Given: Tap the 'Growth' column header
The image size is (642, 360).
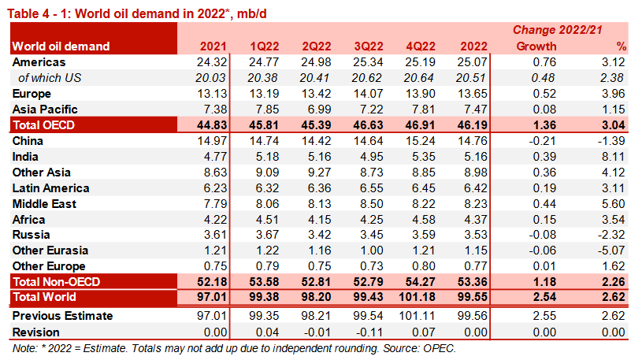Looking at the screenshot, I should tap(536, 46).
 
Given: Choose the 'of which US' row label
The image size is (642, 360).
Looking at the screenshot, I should tap(52, 77).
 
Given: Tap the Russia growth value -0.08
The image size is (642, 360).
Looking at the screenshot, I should tap(541, 235).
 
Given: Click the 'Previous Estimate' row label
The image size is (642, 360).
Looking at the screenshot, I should tap(62, 316).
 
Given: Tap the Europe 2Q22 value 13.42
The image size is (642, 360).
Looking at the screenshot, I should tap(315, 93).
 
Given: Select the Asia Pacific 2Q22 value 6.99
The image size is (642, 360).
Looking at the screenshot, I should tap(318, 109).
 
